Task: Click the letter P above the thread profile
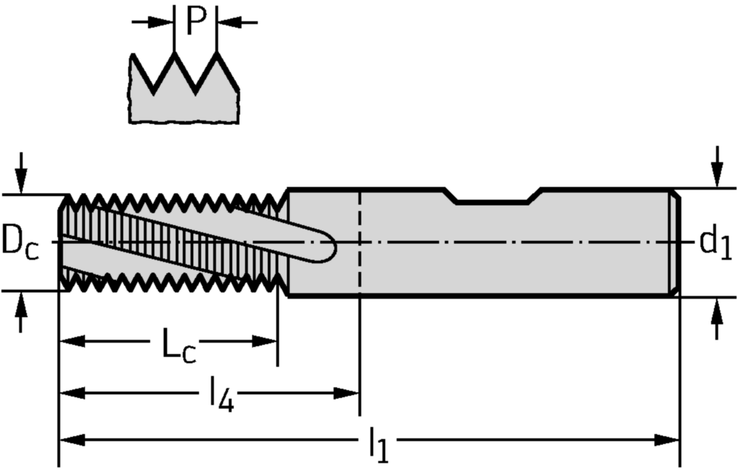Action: pos(196,22)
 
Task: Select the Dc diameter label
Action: pos(20,241)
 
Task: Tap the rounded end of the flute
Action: pos(328,249)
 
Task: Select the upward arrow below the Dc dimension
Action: pos(22,310)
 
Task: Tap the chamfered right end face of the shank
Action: pos(677,242)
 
